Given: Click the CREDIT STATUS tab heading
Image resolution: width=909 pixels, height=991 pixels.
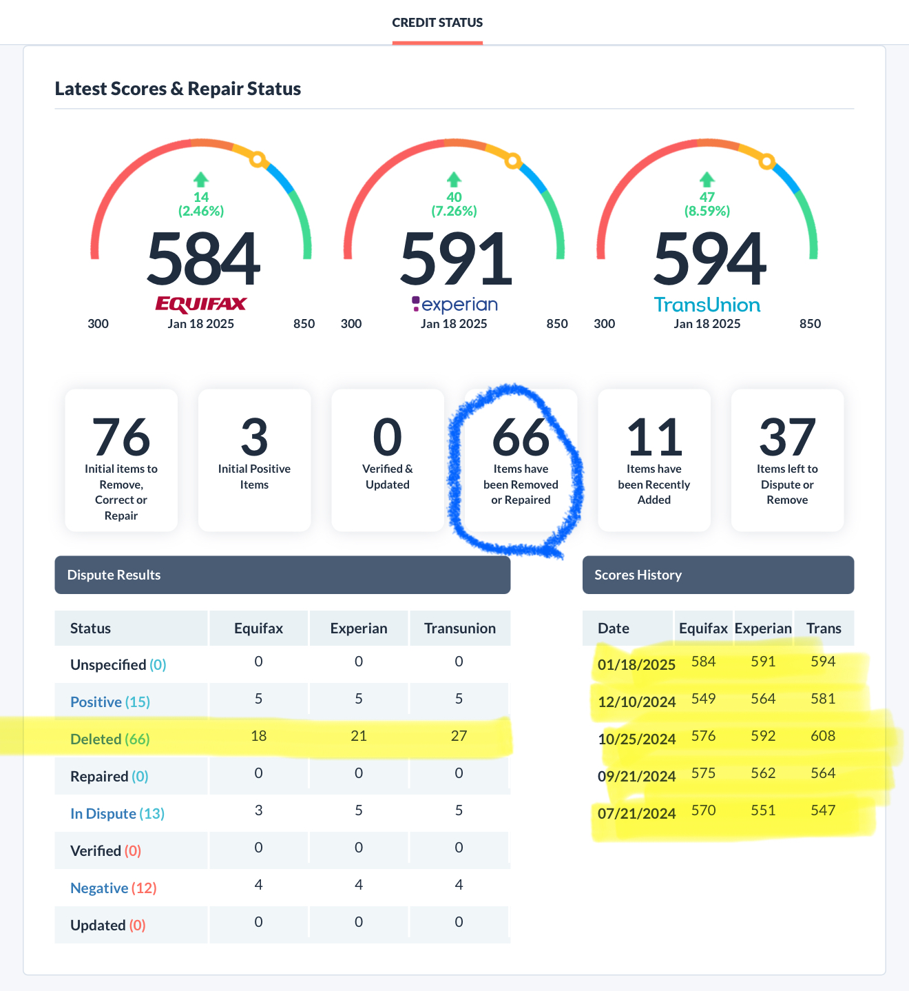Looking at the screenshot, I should pos(437,23).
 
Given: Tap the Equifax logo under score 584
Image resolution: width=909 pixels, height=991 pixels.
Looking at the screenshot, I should pos(201,304).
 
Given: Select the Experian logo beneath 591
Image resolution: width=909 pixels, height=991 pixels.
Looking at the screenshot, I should pos(454,304).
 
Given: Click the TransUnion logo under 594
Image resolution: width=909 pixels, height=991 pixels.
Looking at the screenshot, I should pos(707,305).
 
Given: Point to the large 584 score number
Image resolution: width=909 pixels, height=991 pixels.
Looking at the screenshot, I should pos(203,260).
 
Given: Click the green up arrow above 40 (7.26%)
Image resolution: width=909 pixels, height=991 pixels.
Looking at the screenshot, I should pos(454,180).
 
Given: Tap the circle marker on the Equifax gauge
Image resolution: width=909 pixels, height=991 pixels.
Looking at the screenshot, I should pos(258,160).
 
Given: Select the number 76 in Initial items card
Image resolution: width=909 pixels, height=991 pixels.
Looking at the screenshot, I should pos(121,437).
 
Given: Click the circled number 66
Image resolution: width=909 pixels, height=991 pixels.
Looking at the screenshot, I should pos(521,437).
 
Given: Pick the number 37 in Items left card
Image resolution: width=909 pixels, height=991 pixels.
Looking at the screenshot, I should pos(787,437).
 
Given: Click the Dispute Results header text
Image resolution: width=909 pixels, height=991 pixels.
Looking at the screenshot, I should pos(114,575).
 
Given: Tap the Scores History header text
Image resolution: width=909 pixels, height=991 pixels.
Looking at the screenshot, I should pos(638,575).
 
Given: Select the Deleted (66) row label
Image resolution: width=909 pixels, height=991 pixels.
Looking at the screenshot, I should pos(109,739).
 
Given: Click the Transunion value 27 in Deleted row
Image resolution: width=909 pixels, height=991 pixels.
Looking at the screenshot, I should pos(459,736).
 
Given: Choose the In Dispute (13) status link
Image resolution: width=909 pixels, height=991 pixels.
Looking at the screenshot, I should pos(117,813).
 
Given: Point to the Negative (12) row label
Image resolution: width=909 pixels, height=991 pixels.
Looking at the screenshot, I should pos(113,888).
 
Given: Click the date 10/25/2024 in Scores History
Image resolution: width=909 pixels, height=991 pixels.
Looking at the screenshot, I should pos(636,739).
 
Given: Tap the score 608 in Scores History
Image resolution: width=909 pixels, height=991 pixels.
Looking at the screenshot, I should pos(823,736).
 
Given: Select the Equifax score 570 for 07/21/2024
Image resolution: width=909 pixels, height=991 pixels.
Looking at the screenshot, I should pos(703,810).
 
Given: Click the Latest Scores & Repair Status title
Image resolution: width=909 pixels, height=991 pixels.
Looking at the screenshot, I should pos(178,89).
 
